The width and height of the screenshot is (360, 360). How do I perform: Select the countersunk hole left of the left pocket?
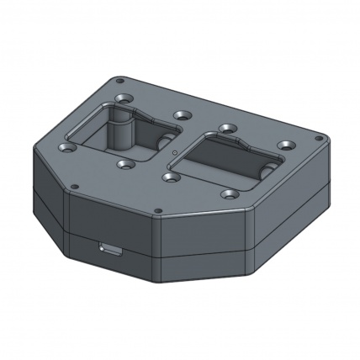[65, 148]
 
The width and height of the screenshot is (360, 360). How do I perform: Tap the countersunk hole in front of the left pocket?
[125, 165]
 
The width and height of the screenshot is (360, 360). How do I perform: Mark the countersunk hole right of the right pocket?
[287, 145]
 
